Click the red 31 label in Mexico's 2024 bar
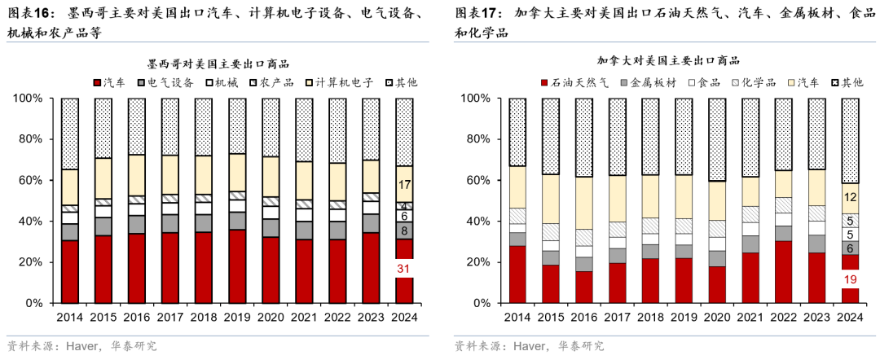point(404,269)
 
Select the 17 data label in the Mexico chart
point(404,184)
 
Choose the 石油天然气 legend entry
point(574,82)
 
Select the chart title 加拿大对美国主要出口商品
point(668,60)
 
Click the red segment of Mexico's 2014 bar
point(70,271)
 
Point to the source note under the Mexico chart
point(81,345)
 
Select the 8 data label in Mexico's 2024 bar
point(404,230)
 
